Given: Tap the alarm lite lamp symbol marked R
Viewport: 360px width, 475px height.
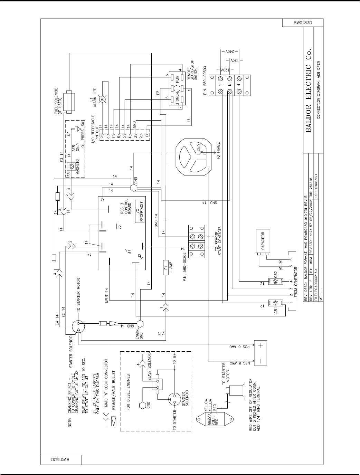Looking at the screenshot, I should [102, 99].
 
